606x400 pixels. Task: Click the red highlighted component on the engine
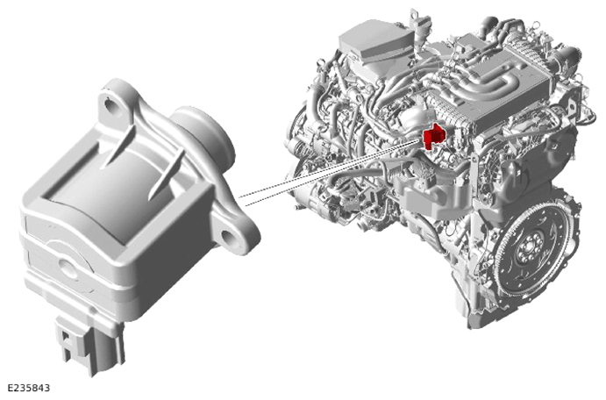point(433,136)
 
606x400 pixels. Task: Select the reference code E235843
point(29,388)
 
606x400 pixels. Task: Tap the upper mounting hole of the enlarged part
point(112,107)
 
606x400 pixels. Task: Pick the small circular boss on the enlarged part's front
point(68,267)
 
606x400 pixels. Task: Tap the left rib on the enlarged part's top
point(118,146)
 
